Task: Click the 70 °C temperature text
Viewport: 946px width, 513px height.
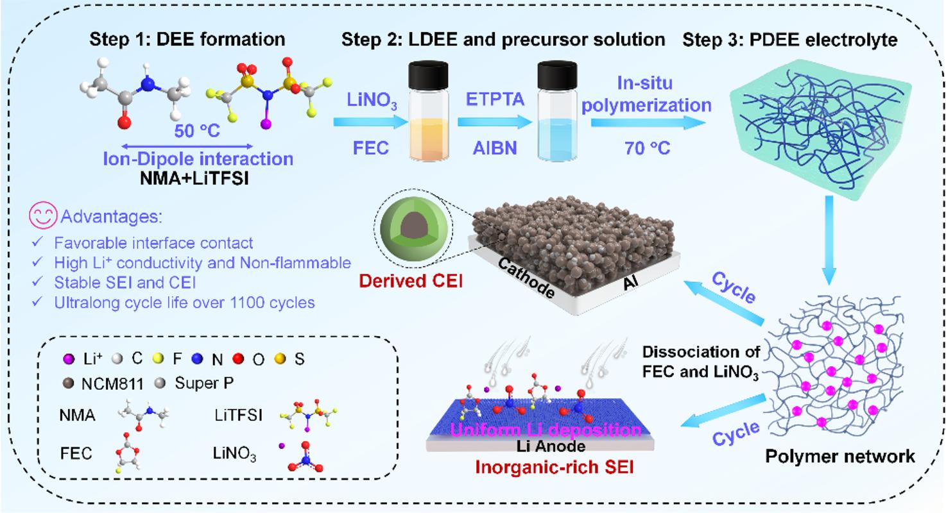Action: (646, 149)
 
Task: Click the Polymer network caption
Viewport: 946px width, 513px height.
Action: (840, 457)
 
